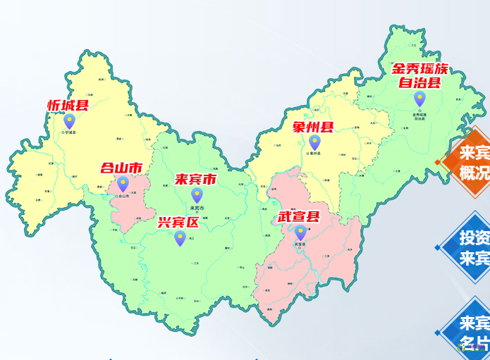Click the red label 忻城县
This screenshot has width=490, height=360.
[68, 106]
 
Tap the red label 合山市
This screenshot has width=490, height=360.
[121, 168]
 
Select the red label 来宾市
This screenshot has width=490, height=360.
[195, 180]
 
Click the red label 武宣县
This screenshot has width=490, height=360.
[298, 217]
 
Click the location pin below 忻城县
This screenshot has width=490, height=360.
[69, 122]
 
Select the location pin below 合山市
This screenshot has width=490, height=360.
[123, 185]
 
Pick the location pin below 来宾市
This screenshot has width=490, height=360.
[197, 195]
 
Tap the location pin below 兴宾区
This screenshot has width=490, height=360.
[180, 239]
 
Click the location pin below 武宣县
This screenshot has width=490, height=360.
[300, 232]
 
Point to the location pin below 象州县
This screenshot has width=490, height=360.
[314, 143]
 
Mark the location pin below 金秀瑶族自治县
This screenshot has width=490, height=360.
[419, 99]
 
